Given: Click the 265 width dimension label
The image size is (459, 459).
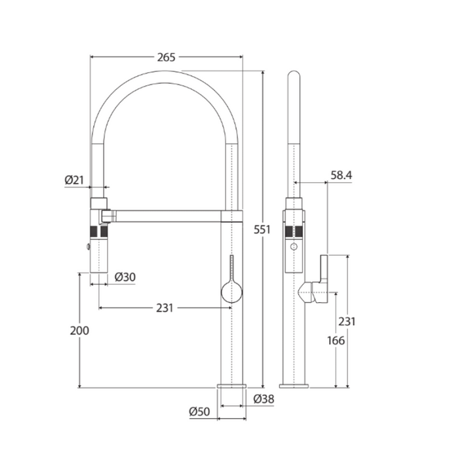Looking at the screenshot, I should point(167,58).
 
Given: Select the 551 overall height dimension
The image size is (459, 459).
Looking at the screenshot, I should point(262,229).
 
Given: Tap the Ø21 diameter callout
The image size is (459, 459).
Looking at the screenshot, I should point(75,180).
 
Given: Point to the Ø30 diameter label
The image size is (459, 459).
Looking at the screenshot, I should point(125,277).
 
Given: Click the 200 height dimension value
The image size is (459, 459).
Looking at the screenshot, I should point(79,330).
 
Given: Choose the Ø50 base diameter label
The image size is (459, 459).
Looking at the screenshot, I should point(199,412).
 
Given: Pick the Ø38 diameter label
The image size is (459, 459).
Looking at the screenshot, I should point(264,399).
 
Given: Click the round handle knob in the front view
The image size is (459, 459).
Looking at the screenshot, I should point(232,291).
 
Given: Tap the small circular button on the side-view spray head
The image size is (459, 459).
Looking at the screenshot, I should point(294,247).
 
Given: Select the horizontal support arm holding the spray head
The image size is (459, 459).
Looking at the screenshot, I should point(167,215).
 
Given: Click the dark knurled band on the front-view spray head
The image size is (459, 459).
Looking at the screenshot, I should point(98,231).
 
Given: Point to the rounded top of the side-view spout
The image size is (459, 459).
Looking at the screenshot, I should point(294,76).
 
